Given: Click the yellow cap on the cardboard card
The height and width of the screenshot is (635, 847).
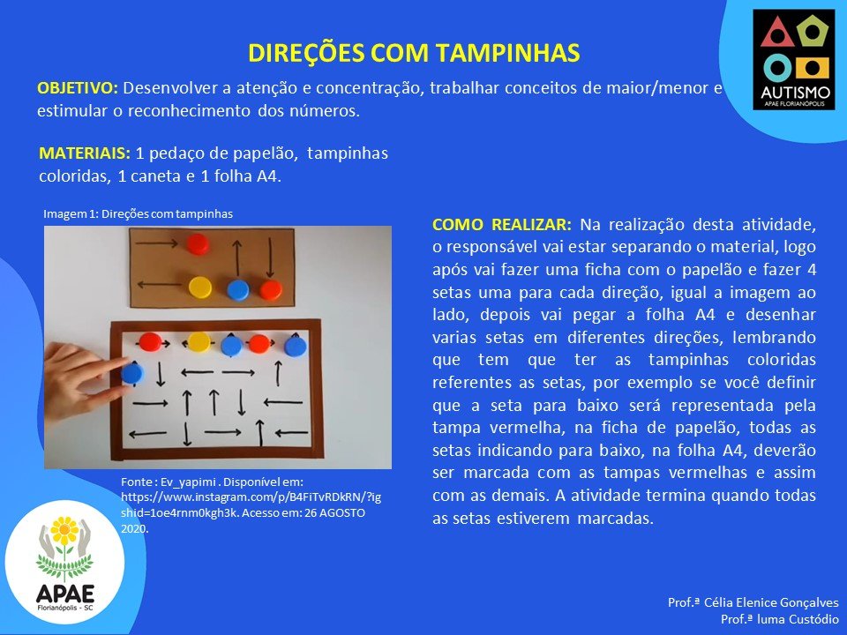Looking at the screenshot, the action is click(200, 288).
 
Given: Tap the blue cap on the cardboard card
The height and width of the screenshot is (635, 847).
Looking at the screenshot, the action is click(237, 289).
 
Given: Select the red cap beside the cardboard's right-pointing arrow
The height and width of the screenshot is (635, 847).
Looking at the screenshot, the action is click(198, 244).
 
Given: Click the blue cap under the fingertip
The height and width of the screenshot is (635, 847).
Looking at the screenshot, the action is click(132, 372).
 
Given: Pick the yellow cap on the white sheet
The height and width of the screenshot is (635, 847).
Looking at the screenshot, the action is click(199, 342).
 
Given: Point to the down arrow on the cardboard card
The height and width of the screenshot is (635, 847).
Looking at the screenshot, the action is click(270, 258).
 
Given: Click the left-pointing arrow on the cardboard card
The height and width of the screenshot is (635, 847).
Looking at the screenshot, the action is click(160, 284).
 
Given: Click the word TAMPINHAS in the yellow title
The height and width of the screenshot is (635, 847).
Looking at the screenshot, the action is click(508, 53).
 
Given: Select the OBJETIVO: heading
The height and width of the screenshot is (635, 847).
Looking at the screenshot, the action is click(78, 88).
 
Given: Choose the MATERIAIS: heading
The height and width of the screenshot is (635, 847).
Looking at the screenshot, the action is click(85, 153).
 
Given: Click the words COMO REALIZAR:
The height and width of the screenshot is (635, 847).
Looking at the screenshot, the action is click(502, 225).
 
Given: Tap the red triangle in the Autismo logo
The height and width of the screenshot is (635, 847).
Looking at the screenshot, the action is click(776, 33).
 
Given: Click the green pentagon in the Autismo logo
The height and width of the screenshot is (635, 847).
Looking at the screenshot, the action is click(812, 32).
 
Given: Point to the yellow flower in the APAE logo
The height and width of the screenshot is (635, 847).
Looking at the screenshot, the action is click(64, 530).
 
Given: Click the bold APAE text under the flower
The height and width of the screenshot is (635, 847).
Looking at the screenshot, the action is click(64, 594).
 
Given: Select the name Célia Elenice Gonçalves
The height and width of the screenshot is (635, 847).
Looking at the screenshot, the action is click(771, 602).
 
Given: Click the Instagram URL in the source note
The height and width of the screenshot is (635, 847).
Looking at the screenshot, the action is click(251, 504).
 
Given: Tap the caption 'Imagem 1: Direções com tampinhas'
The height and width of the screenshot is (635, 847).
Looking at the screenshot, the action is click(138, 213).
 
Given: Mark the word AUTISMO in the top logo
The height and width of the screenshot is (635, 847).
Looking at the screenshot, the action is click(794, 93).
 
